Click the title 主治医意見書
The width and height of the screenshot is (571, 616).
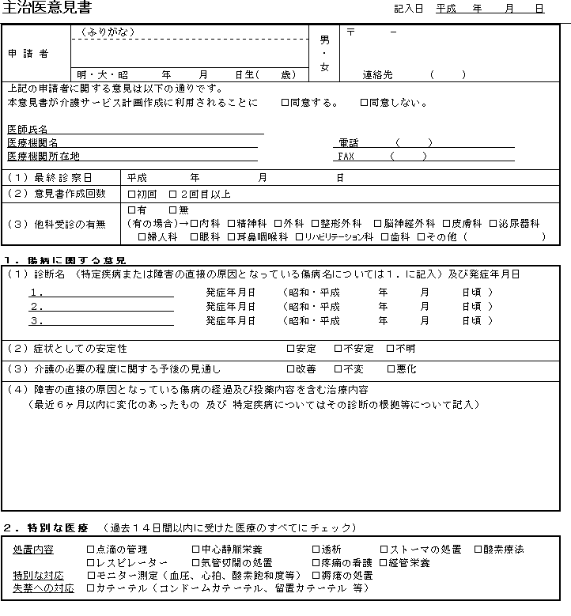47,9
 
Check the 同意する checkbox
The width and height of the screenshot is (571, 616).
285,103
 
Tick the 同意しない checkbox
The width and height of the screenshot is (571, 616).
364,103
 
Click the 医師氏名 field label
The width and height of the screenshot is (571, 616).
28,129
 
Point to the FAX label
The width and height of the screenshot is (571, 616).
346,156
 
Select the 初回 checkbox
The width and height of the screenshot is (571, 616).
132,195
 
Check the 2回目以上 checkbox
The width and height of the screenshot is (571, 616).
173,195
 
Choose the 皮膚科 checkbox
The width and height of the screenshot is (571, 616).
446,224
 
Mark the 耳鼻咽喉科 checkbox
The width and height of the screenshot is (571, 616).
231,236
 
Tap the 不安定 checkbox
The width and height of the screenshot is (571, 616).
338,349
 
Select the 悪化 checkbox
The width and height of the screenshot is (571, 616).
391,369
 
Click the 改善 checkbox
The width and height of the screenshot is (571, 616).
290,369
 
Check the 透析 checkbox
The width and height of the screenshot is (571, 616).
316,549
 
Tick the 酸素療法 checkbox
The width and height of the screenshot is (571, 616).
478,549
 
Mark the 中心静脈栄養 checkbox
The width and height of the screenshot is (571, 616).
195,549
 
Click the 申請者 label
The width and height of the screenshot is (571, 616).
28,54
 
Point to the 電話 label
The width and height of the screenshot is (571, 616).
348,143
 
